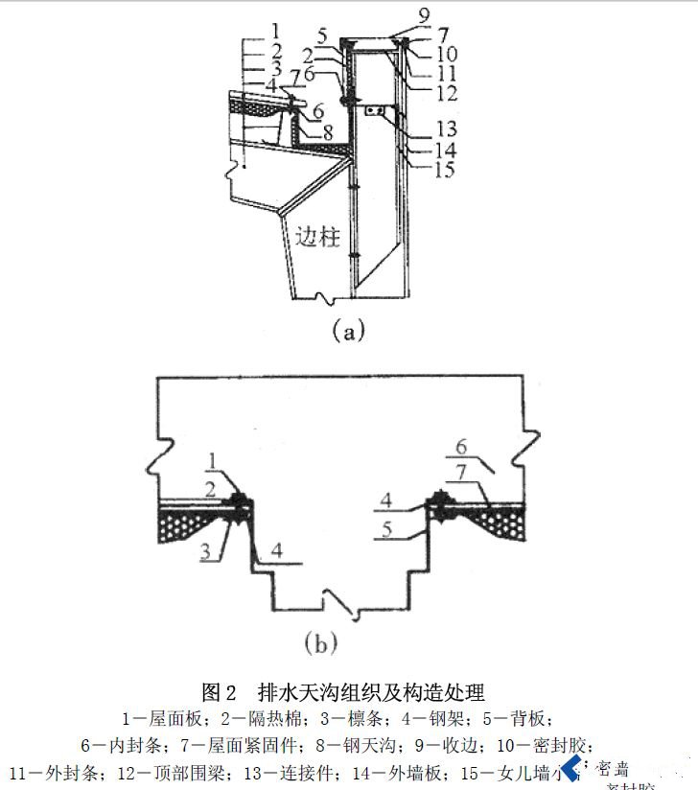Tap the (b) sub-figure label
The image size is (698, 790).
[x=320, y=643]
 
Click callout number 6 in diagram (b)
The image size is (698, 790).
[x=462, y=446]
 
